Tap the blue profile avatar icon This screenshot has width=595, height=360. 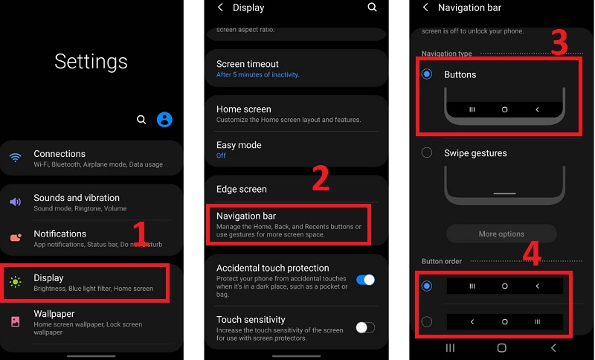pyautogui.click(x=164, y=119)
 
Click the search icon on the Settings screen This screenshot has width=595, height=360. pyautogui.click(x=141, y=119)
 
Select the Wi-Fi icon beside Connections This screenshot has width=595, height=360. pyautogui.click(x=15, y=158)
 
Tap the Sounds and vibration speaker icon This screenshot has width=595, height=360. pyautogui.click(x=15, y=202)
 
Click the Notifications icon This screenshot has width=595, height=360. pyautogui.click(x=15, y=238)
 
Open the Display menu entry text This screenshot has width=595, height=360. pyautogui.click(x=48, y=278)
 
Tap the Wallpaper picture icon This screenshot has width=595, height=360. pyautogui.click(x=15, y=322)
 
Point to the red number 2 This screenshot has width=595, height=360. pyautogui.click(x=320, y=179)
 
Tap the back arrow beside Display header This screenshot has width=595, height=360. pyautogui.click(x=220, y=7)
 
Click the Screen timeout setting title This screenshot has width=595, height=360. pyautogui.click(x=248, y=64)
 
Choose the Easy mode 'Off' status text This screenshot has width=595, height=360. pyautogui.click(x=221, y=156)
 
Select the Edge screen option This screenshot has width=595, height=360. pyautogui.click(x=241, y=189)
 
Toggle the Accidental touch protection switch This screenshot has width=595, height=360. pyautogui.click(x=365, y=280)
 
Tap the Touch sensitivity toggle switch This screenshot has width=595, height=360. pyautogui.click(x=365, y=327)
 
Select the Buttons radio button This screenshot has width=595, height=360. pyautogui.click(x=427, y=74)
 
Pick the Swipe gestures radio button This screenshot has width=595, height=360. pyautogui.click(x=427, y=152)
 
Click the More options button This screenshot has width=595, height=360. pyautogui.click(x=501, y=234)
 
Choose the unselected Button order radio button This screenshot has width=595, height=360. pyautogui.click(x=427, y=322)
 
